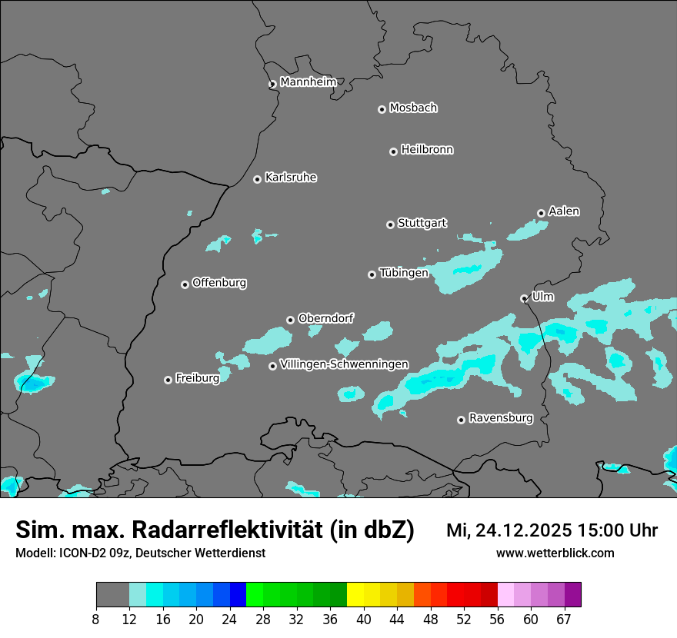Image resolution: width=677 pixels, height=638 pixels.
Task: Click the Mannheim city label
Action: click(x=308, y=82)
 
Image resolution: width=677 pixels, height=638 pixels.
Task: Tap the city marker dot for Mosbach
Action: click(x=382, y=109)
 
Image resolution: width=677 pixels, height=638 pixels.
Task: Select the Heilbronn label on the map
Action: click(x=427, y=150)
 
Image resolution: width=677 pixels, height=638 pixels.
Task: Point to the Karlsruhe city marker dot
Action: click(x=257, y=179)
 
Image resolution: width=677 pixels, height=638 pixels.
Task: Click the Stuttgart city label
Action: click(x=422, y=223)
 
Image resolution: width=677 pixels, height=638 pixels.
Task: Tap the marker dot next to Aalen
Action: click(x=541, y=213)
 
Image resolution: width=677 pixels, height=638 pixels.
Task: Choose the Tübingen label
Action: click(x=403, y=273)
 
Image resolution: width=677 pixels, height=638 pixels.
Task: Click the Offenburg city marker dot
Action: click(x=185, y=284)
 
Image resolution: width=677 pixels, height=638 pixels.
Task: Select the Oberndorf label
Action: click(x=326, y=318)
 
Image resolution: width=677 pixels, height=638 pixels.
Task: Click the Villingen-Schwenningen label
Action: click(x=344, y=364)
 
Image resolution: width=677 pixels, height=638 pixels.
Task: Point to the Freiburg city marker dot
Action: click(x=168, y=380)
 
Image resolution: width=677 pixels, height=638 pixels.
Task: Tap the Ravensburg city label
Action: click(x=500, y=418)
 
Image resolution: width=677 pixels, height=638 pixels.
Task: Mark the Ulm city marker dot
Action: click(x=524, y=298)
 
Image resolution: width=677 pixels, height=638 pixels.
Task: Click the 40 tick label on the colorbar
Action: click(x=363, y=619)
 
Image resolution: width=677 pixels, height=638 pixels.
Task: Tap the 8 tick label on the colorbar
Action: click(x=96, y=619)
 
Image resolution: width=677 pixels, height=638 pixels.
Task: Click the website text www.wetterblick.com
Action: click(x=555, y=553)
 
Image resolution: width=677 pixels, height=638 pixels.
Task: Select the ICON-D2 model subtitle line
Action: click(x=140, y=553)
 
